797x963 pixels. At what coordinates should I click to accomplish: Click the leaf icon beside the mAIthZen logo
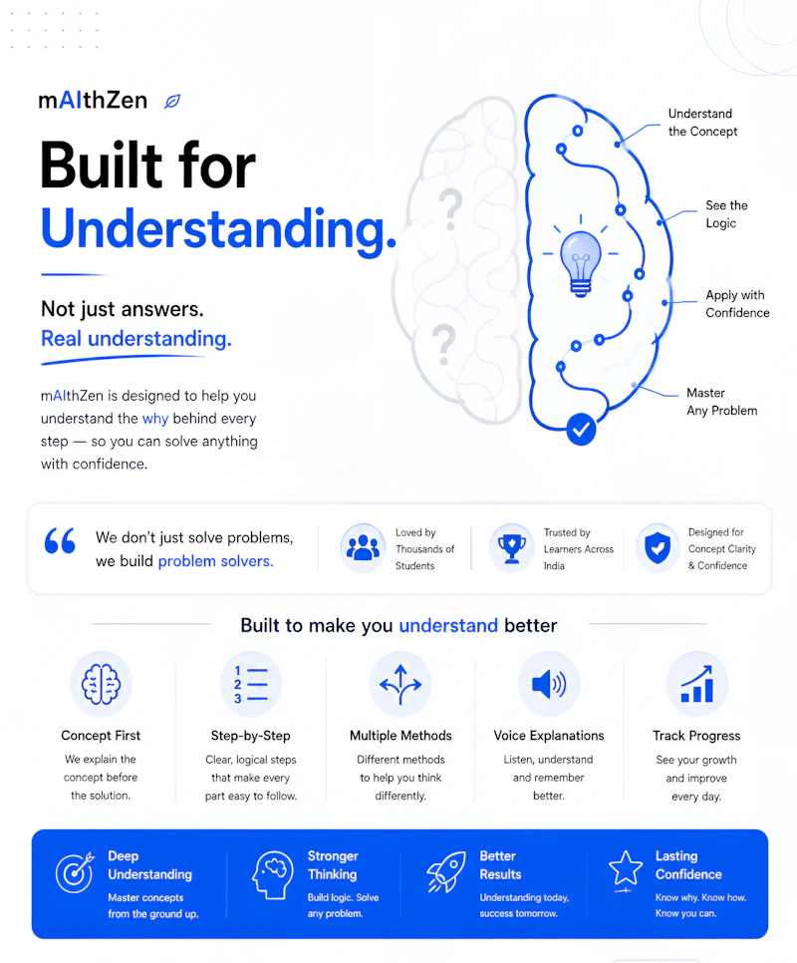coord(172,102)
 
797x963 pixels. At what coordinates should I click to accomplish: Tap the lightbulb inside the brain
coord(581,263)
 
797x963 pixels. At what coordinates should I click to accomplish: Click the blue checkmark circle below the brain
coord(581,430)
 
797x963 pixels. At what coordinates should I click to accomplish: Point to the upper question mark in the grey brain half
coord(451,209)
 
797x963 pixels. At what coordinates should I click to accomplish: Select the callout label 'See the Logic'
coord(726,214)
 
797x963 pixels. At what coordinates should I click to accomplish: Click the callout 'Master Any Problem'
coord(721,402)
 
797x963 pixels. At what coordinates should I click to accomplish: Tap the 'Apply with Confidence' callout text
coord(737,304)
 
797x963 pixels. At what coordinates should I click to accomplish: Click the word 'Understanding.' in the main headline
coord(218,228)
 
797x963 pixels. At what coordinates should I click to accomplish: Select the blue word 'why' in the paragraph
coord(155,419)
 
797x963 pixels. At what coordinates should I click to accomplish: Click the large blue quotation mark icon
coord(60,541)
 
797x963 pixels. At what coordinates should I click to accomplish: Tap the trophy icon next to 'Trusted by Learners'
coord(512,548)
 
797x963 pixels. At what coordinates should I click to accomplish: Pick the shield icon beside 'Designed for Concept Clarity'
coord(658,548)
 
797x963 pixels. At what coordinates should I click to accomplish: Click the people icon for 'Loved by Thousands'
coord(364,548)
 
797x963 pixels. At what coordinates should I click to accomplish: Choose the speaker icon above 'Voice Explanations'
coord(549,684)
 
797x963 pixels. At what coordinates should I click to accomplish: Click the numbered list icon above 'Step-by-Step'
coord(251,684)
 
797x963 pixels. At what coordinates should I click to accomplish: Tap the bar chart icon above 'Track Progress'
coord(697,684)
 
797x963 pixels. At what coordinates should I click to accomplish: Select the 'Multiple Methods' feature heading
coord(400,736)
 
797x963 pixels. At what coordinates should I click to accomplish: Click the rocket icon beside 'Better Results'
coord(446,872)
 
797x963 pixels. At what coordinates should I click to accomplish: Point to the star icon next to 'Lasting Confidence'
coord(626,869)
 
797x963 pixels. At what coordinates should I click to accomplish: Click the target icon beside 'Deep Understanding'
coord(75,872)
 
